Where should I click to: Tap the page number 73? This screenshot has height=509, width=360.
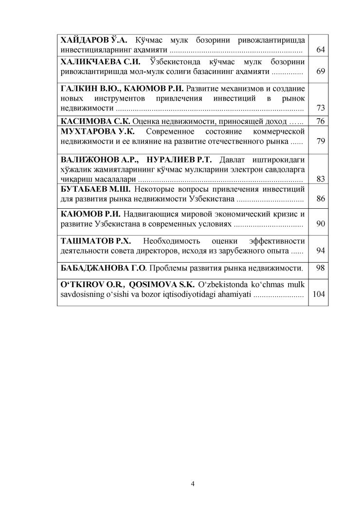coord(320,108)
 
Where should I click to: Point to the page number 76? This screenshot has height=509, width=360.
coord(320,121)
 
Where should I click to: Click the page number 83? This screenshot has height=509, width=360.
coord(320,179)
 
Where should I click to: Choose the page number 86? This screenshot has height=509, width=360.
coord(320,199)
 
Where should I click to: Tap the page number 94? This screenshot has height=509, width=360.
coord(320,251)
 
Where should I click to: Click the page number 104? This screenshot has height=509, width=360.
coord(319,294)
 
